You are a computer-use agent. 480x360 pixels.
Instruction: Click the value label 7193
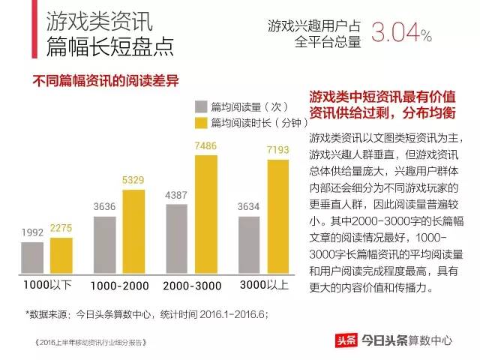(x=278, y=151)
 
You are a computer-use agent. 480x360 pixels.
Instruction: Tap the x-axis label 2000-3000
(x=193, y=286)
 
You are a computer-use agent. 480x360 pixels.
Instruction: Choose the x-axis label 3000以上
(x=264, y=286)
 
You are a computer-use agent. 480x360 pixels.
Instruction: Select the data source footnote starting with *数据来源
(x=146, y=313)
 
